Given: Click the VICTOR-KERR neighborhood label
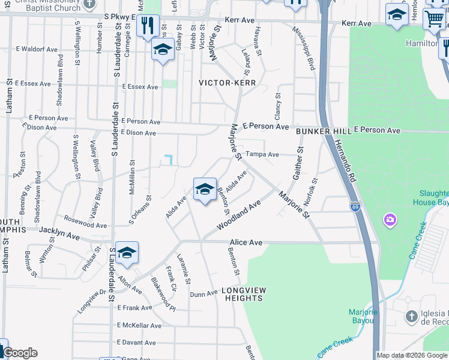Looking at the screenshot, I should [228, 83].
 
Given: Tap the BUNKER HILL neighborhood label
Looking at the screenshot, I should [322, 131].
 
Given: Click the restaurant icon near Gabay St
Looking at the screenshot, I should [147, 25].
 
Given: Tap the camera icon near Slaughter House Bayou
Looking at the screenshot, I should [390, 220].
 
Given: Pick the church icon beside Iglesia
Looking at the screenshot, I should [411, 316].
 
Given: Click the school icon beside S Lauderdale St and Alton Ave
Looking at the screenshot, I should [127, 254].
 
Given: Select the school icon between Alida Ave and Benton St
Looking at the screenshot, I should [205, 190].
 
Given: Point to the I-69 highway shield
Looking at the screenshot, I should [355, 206].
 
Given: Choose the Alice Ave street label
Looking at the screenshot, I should [246, 242].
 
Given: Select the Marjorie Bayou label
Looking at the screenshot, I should [363, 316].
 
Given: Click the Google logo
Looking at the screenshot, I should [20, 353].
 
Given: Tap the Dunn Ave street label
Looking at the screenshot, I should [203, 294].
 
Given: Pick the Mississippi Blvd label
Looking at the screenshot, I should [305, 49].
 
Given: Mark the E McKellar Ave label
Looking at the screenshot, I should [139, 326].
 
